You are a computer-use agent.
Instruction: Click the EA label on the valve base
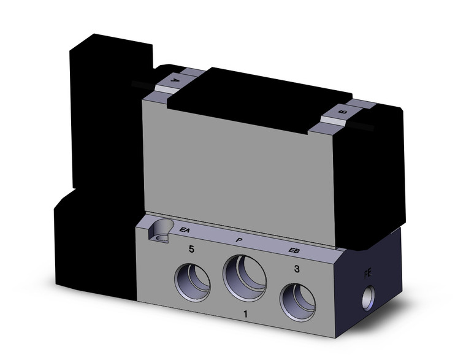click(x=183, y=230)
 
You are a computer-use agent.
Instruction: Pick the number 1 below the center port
click(x=246, y=315)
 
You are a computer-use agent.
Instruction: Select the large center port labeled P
click(x=245, y=277)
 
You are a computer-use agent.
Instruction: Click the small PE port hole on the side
click(x=368, y=297)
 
